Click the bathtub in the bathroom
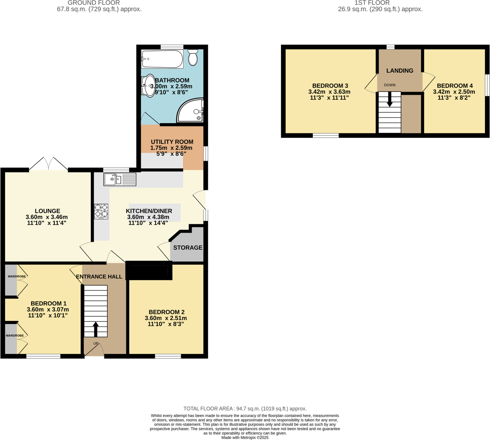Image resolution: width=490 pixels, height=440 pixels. click(162, 59)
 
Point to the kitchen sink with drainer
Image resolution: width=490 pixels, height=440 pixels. click(120, 180)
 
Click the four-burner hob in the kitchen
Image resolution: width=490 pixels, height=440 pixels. click(101, 212)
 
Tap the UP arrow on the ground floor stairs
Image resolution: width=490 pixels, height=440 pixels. click(96, 329)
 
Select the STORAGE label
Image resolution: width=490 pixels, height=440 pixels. click(188, 248)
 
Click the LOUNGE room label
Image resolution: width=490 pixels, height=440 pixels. click(47, 211)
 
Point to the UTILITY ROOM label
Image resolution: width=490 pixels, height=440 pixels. click(172, 142)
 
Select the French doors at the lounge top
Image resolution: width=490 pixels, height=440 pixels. click(49, 164)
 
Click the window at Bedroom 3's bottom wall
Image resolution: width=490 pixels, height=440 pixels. click(325, 135)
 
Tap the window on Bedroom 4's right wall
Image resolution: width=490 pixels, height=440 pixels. click(487, 85)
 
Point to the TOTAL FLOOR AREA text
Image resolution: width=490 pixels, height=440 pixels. click(245, 408)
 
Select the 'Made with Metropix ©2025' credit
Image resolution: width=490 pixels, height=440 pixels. click(245, 437)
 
